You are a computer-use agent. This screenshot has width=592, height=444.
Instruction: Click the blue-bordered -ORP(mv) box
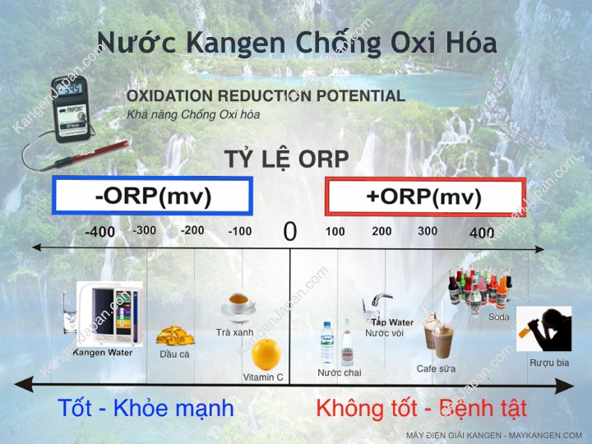[152, 197]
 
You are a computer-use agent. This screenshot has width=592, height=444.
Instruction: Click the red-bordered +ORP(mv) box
[425, 197]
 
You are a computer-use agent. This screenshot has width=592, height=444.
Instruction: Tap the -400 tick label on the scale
[99, 232]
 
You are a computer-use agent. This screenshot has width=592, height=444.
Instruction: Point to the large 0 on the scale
[289, 232]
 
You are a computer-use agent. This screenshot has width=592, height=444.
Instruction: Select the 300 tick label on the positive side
[428, 231]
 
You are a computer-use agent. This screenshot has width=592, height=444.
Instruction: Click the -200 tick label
[192, 230]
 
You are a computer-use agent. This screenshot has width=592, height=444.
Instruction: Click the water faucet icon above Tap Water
[381, 303]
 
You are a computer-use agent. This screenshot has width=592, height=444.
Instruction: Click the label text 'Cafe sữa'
[436, 368]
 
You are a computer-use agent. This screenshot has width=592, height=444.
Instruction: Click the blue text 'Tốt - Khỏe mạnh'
[146, 408]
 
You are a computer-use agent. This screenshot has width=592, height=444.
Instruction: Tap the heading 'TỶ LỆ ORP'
[286, 158]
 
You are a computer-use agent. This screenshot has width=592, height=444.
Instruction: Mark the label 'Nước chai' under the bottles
[339, 372]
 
